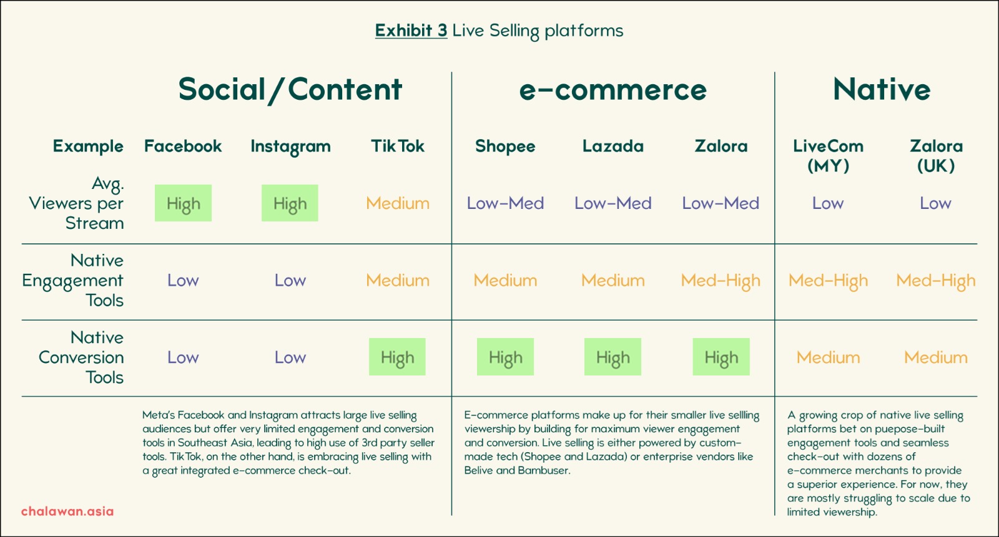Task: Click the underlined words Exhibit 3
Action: click(411, 31)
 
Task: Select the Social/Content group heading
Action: click(290, 90)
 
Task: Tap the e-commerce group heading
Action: click(613, 90)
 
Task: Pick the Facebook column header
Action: click(183, 146)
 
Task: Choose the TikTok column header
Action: click(397, 146)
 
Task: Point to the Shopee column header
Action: click(505, 147)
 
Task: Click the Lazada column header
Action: click(613, 146)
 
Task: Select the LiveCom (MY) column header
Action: click(828, 156)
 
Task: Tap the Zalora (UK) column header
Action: click(936, 156)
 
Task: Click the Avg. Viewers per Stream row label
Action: click(76, 203)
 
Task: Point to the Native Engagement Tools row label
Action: click(72, 280)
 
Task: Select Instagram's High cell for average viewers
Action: click(290, 203)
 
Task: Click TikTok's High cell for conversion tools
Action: click(397, 357)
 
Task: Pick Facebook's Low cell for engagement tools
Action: click(183, 280)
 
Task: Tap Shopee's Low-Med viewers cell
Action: click(505, 203)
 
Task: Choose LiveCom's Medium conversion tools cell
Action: click(828, 357)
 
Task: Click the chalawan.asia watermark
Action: click(67, 511)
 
